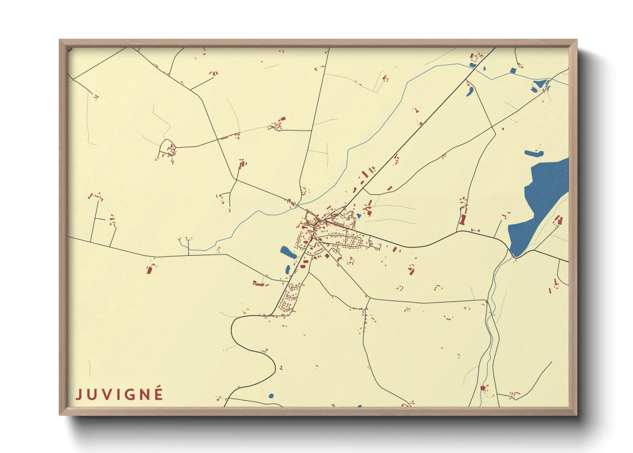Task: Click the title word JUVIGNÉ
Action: (x=119, y=394)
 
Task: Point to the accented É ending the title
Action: (x=159, y=393)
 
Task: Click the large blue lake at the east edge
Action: (x=541, y=201)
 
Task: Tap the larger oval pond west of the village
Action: (x=288, y=252)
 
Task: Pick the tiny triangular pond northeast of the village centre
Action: (x=358, y=216)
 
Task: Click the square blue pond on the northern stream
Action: (x=513, y=71)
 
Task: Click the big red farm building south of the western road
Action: (x=149, y=269)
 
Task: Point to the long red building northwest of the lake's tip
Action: (x=462, y=220)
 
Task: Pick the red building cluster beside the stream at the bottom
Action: (x=483, y=388)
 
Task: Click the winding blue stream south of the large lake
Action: (x=491, y=325)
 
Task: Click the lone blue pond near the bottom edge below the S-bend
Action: (x=271, y=396)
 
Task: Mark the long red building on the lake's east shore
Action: (x=559, y=221)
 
